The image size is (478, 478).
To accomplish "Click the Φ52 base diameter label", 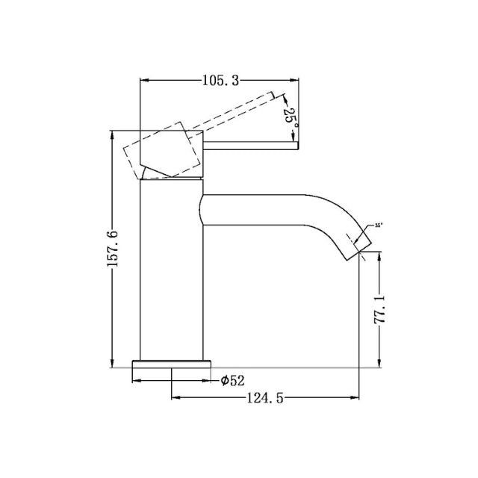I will coord(233,381).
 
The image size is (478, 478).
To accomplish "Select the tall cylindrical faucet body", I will coord(171,269).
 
